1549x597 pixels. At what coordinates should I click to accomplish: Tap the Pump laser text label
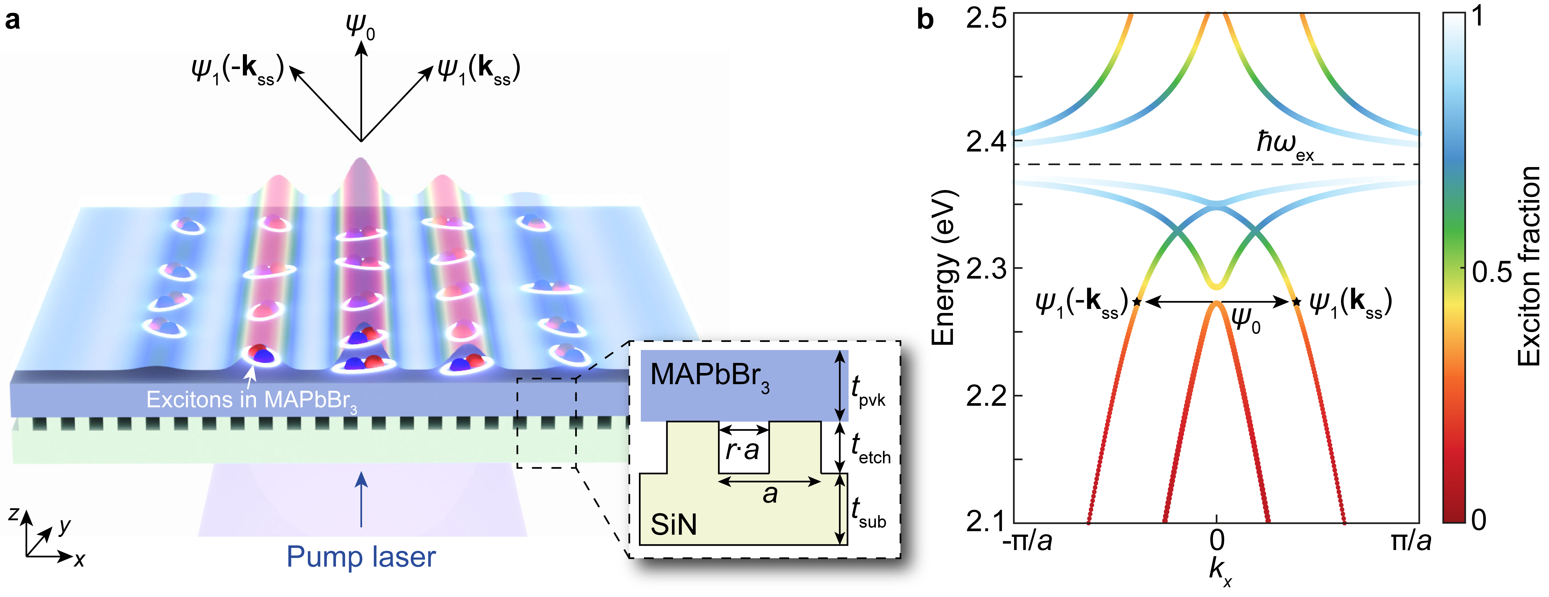point(361,557)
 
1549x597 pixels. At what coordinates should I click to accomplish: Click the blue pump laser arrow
point(361,499)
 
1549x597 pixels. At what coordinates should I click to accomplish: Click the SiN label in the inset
point(674,525)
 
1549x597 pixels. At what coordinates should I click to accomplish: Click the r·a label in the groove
point(743,450)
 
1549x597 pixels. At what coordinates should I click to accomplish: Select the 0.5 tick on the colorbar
point(1491,272)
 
